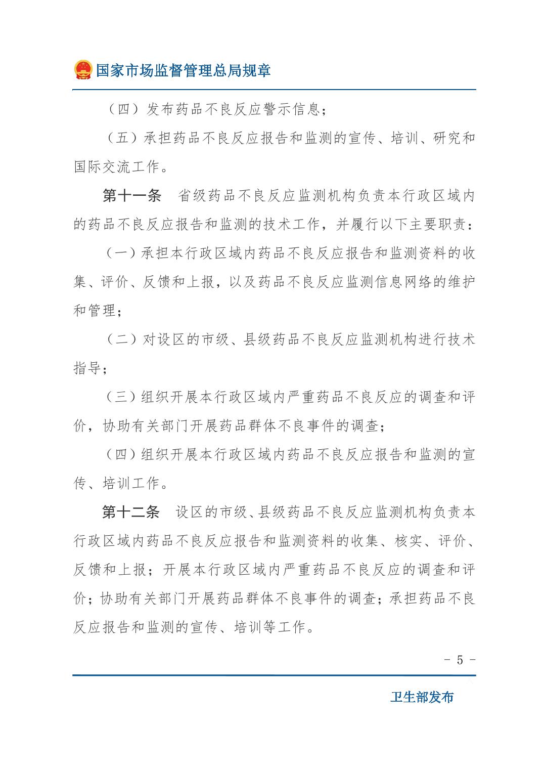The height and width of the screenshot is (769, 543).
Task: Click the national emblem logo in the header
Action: (x=83, y=70)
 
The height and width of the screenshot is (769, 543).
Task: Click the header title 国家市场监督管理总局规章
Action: (x=184, y=70)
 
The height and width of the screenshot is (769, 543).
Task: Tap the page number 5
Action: (x=460, y=660)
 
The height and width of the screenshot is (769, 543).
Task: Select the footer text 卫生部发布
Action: (x=422, y=697)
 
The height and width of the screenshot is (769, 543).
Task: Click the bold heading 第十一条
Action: (x=131, y=196)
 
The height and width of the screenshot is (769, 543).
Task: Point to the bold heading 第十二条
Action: (x=130, y=512)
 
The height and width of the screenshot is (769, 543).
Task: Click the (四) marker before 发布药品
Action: (x=123, y=109)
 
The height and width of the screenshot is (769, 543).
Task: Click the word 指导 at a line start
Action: (x=87, y=368)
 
